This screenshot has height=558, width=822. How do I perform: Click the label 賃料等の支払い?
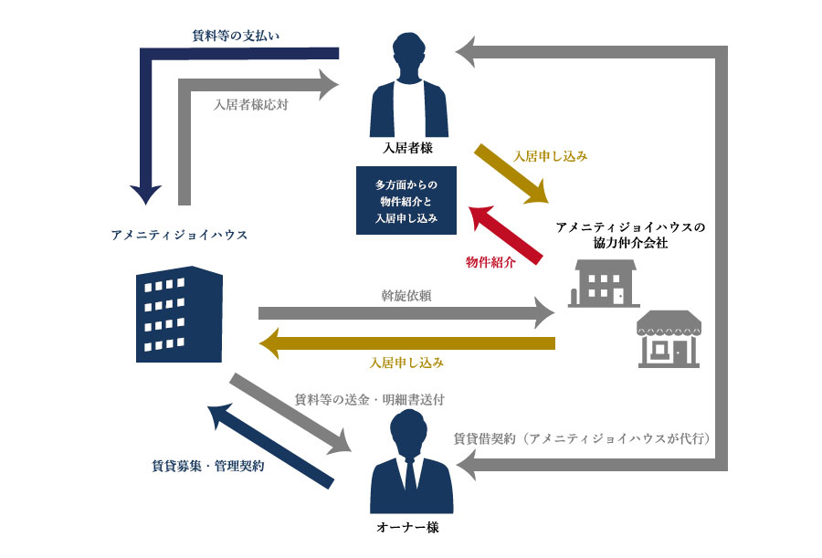(x=235, y=36)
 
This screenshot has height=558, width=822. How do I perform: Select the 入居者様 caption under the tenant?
(x=407, y=148)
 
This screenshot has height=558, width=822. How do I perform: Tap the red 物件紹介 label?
(x=490, y=262)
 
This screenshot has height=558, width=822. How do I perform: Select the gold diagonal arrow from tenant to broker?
(x=511, y=174)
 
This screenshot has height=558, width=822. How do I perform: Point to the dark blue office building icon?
(x=178, y=313)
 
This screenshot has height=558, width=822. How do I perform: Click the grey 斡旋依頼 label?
(x=406, y=295)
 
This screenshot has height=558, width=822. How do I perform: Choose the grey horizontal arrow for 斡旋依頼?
(x=406, y=313)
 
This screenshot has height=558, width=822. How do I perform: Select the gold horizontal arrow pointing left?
(x=406, y=343)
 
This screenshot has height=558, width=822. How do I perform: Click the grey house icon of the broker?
(x=602, y=282)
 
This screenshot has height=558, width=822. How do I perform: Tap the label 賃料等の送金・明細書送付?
(x=370, y=400)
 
